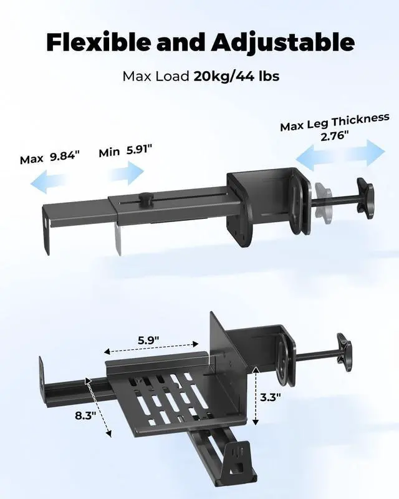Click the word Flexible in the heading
click(99, 42)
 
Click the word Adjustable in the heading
click(282, 43)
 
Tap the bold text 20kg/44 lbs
click(236, 76)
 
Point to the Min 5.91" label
click(125, 150)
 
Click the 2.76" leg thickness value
click(334, 137)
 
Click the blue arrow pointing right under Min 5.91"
click(127, 173)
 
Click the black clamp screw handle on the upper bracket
click(365, 198)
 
